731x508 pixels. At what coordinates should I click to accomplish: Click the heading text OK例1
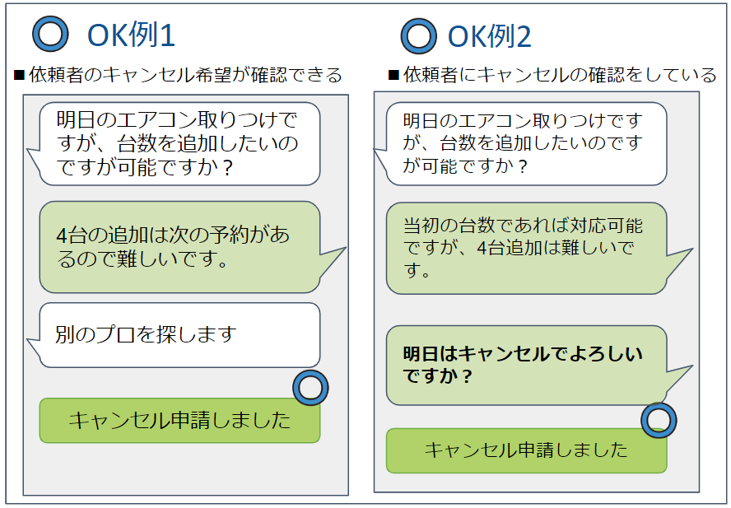(x=131, y=35)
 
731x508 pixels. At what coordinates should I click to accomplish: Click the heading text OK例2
(x=490, y=36)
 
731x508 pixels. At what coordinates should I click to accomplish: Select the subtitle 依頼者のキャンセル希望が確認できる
(x=185, y=75)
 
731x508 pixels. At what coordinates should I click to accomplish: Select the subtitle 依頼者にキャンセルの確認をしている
(x=560, y=75)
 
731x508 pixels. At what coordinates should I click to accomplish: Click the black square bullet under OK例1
(x=19, y=75)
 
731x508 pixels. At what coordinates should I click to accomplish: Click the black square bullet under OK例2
(x=393, y=75)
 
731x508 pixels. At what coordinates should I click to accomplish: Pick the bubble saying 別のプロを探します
(x=179, y=335)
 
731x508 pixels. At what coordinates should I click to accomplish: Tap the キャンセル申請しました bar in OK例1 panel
(x=179, y=420)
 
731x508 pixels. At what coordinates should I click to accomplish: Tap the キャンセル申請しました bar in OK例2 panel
(x=527, y=450)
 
